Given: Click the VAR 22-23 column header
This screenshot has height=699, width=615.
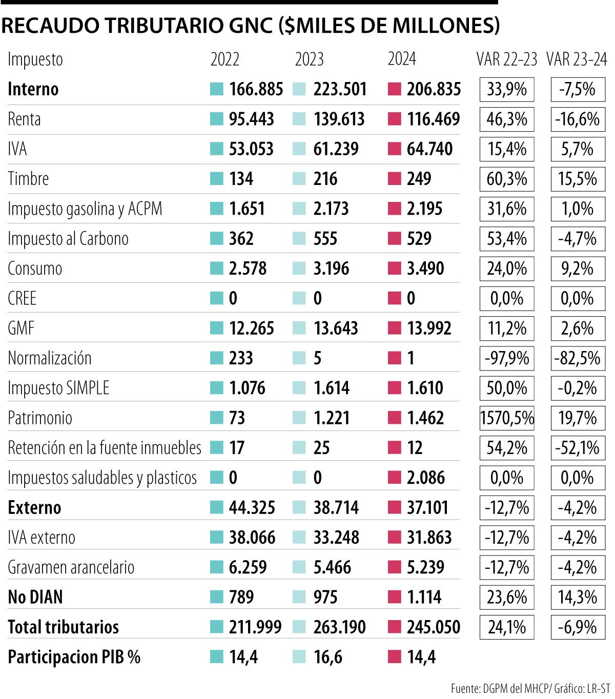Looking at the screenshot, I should click(x=506, y=59).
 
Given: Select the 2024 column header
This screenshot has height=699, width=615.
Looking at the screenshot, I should click(x=402, y=59).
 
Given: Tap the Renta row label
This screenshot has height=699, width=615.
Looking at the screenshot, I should click(x=24, y=119).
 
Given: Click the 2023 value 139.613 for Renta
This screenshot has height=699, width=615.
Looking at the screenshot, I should click(x=339, y=119).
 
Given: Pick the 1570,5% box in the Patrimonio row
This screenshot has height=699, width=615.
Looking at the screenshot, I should click(x=507, y=418).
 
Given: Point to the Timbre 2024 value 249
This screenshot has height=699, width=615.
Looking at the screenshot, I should click(x=419, y=179).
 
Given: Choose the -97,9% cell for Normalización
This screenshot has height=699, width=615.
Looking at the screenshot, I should click(x=507, y=358).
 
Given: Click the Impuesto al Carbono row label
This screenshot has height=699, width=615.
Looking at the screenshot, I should click(x=68, y=239).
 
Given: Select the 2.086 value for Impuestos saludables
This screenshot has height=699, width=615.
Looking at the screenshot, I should click(x=426, y=478).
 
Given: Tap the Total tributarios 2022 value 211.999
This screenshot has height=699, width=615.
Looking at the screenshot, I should click(x=255, y=627).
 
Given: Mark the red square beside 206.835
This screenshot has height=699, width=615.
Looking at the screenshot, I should click(x=394, y=89).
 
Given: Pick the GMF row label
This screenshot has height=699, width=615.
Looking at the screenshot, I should click(x=21, y=328).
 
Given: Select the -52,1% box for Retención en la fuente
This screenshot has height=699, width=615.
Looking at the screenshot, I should click(x=577, y=448).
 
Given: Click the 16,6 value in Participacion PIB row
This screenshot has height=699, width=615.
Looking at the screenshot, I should click(x=328, y=657).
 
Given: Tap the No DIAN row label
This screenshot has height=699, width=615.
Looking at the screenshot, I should click(x=35, y=598).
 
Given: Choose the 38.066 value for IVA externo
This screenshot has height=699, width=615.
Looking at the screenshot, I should click(x=252, y=538).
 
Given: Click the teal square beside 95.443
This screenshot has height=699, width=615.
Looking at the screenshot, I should click(x=217, y=119).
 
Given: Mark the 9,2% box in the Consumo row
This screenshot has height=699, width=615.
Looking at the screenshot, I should click(x=577, y=269).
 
